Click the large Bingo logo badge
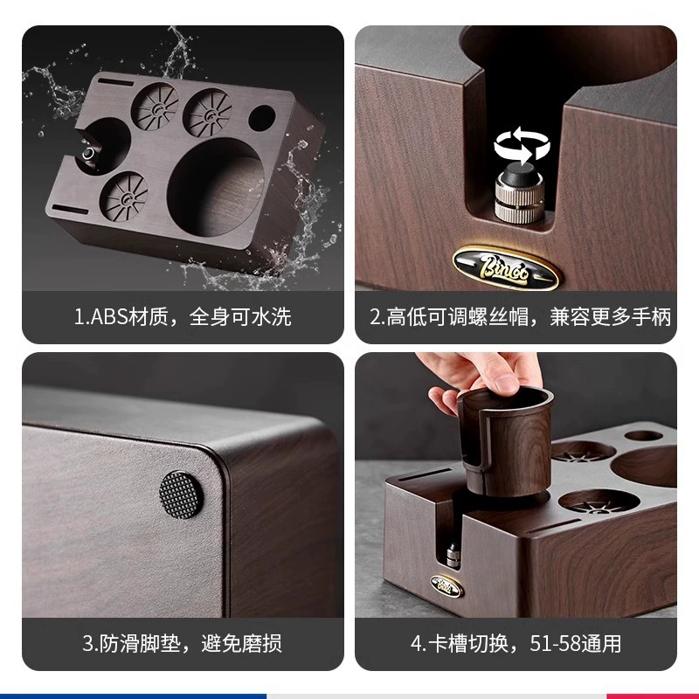coord(505,267)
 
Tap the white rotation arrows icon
coord(521,145)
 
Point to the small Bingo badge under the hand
coord(446,586)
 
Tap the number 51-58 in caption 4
coord(551,643)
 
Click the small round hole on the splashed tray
coord(261,118)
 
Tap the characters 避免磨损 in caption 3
coord(241,643)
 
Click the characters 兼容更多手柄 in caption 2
coord(610,317)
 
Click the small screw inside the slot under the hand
coord(453,555)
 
